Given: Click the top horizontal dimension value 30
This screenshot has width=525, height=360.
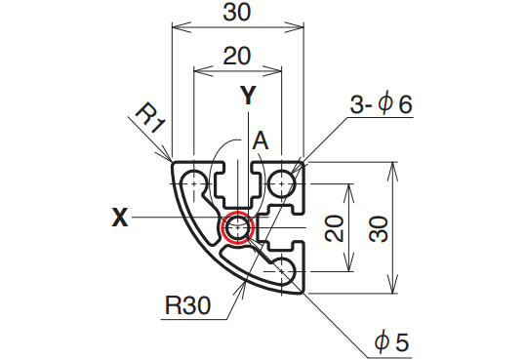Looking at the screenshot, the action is pyautogui.click(x=237, y=13).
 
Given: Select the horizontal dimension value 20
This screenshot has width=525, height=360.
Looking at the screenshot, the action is pyautogui.click(x=237, y=56).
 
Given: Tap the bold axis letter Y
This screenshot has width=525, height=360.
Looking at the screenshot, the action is pyautogui.click(x=248, y=95).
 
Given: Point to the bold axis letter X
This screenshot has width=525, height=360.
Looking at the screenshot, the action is pyautogui.click(x=120, y=218).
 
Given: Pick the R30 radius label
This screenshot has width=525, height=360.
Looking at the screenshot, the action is pyautogui.click(x=187, y=305).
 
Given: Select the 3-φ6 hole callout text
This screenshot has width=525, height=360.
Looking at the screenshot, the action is pyautogui.click(x=381, y=104).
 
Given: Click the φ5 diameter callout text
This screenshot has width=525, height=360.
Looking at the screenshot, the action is pyautogui.click(x=392, y=341).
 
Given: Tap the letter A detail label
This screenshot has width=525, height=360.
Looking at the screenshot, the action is pyautogui.click(x=261, y=141).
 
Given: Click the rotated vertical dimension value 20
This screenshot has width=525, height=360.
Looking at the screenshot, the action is pyautogui.click(x=335, y=228).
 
